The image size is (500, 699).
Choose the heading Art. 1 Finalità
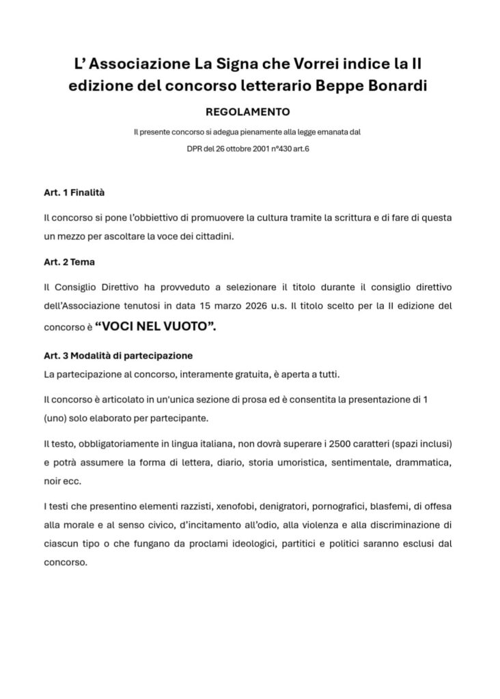(x=74, y=193)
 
